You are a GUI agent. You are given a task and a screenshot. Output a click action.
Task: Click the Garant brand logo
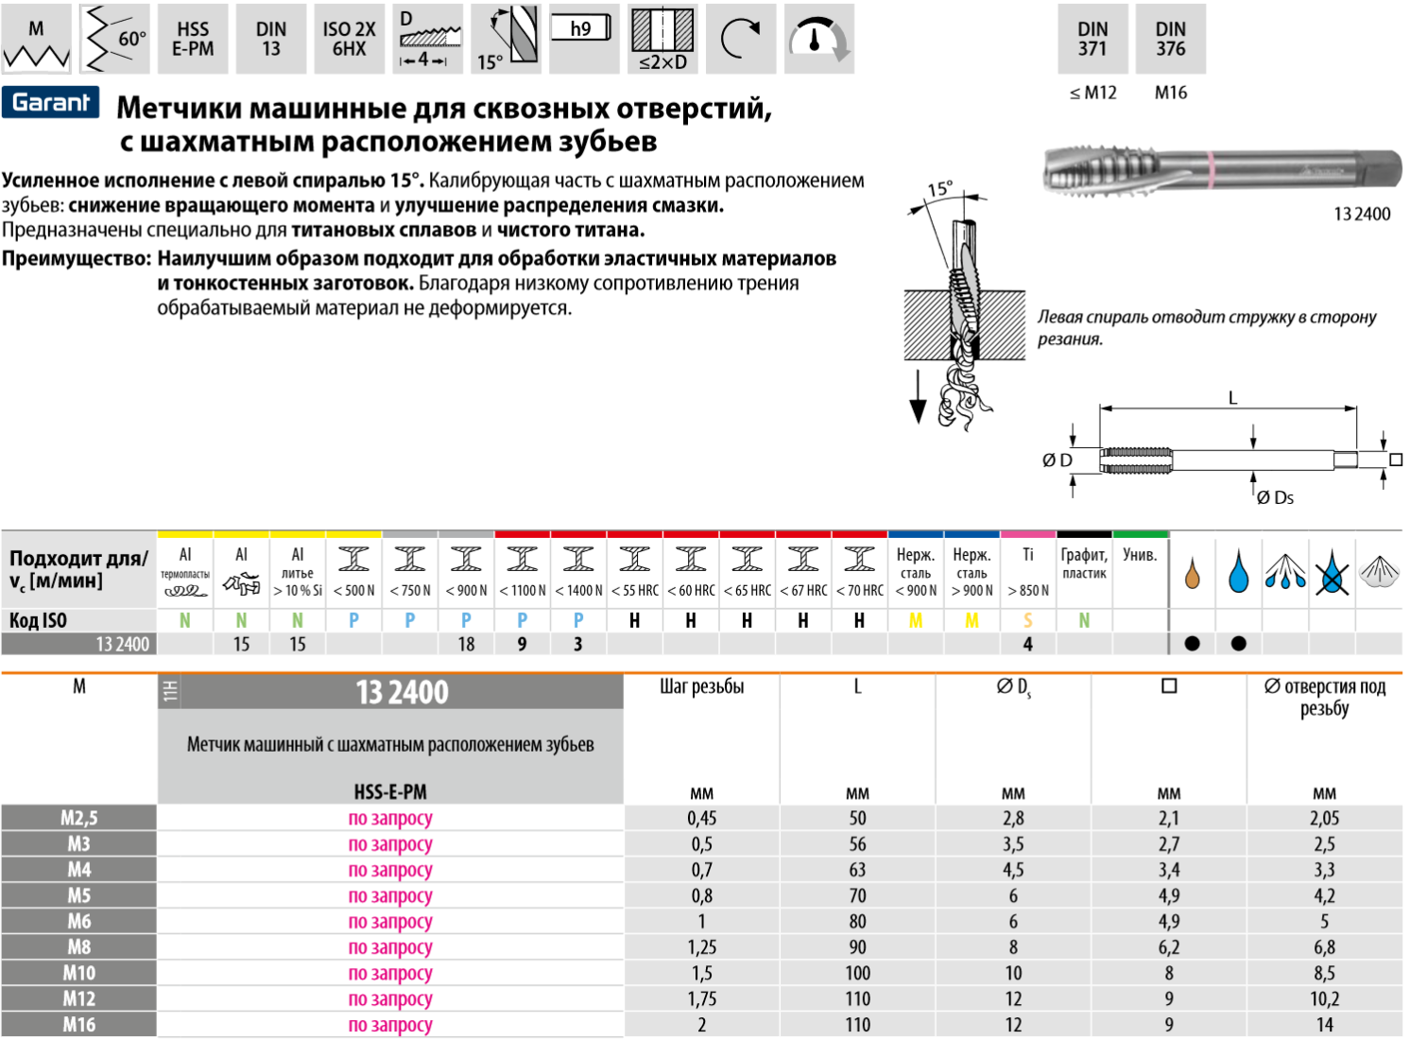(x=51, y=102)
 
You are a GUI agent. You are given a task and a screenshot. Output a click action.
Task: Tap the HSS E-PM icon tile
(x=193, y=40)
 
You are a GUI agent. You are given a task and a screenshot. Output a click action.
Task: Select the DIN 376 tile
(x=1170, y=40)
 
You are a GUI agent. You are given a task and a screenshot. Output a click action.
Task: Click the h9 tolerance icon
(x=580, y=29)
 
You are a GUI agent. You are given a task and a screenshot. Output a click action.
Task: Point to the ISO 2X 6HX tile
(x=349, y=40)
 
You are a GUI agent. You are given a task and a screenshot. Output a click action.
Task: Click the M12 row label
(x=79, y=998)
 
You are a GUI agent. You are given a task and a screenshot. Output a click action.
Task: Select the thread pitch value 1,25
(x=701, y=947)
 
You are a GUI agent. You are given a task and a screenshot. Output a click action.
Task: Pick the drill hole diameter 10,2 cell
(x=1324, y=998)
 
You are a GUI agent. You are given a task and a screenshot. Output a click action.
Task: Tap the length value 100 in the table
(x=857, y=973)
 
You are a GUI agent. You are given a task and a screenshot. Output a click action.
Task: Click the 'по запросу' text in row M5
(x=390, y=895)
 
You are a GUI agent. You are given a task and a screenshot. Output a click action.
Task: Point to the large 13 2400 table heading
(x=402, y=693)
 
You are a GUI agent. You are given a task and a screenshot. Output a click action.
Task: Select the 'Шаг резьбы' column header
(x=701, y=687)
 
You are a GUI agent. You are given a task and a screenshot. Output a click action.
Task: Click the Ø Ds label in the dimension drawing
(x=1275, y=497)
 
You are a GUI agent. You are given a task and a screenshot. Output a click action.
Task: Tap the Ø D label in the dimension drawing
(x=1057, y=460)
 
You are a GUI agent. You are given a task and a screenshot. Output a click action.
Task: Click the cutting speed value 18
(x=466, y=644)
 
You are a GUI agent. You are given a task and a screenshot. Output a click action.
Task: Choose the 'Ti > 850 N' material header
(x=1028, y=572)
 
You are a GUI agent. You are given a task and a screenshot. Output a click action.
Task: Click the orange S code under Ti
(x=1028, y=620)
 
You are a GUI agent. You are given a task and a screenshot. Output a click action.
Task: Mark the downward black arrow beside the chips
(x=918, y=398)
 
